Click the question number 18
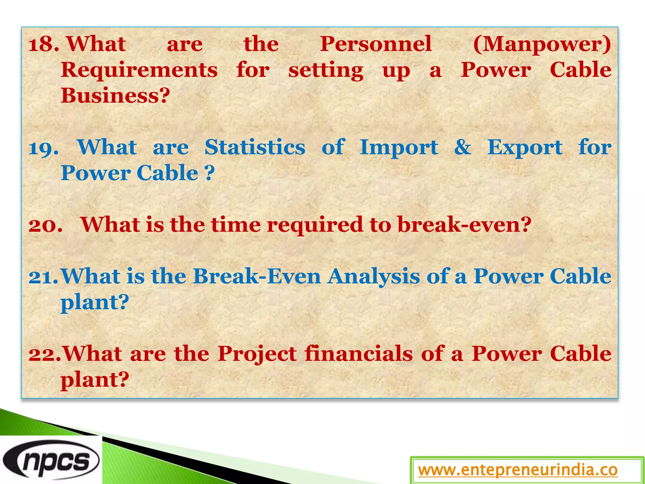pyautogui.click(x=43, y=44)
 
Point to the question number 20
pyautogui.click(x=45, y=225)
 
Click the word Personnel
pyautogui.click(x=376, y=44)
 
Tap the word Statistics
pyautogui.click(x=255, y=147)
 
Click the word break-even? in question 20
pyautogui.click(x=465, y=225)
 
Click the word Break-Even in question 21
pyautogui.click(x=257, y=276)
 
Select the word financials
pyautogui.click(x=359, y=354)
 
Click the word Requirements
pyautogui.click(x=139, y=70)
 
